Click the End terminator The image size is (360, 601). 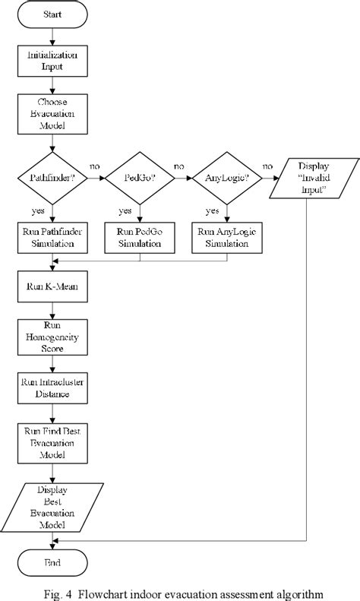(x=51, y=562)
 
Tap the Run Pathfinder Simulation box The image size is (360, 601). (x=51, y=238)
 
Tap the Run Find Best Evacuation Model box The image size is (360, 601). (x=51, y=443)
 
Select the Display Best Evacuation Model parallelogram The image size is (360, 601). (x=51, y=508)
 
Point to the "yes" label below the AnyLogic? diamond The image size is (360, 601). (x=214, y=210)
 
